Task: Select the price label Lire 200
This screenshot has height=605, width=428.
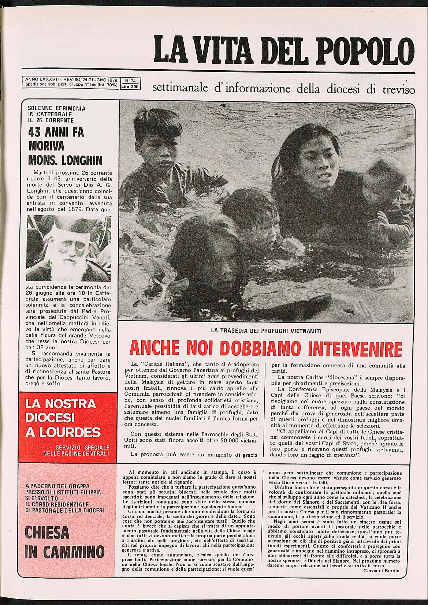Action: point(130,87)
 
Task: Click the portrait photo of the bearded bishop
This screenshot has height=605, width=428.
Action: point(69,248)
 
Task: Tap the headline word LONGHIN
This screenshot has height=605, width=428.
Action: point(82,160)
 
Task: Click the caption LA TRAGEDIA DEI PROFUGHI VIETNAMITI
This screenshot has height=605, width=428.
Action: point(266,331)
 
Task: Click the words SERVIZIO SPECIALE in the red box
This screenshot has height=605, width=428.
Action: point(82,447)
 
